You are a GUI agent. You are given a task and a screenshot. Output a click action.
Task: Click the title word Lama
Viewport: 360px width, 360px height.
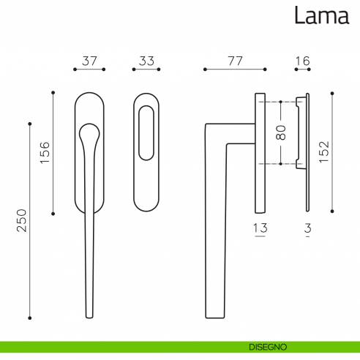tap(322, 15)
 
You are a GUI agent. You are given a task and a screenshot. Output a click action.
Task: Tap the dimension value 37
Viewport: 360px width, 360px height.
tap(89, 61)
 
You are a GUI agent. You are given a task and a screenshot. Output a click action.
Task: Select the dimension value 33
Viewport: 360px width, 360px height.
tap(146, 61)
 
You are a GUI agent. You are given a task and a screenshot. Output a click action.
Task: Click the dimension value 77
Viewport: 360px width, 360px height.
tap(236, 61)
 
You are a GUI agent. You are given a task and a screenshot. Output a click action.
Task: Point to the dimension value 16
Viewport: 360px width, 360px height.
tap(303, 61)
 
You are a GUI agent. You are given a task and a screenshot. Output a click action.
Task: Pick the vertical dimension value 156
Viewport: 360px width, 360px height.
tap(45, 152)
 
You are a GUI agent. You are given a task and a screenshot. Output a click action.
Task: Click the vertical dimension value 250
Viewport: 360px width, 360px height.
tap(21, 220)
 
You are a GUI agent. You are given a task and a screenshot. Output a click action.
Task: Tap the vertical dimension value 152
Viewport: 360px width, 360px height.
tap(324, 152)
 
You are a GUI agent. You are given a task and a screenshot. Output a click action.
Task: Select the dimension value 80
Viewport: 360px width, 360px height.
tap(281, 132)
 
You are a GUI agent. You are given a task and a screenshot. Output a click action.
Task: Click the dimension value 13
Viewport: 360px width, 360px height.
tap(260, 228)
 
